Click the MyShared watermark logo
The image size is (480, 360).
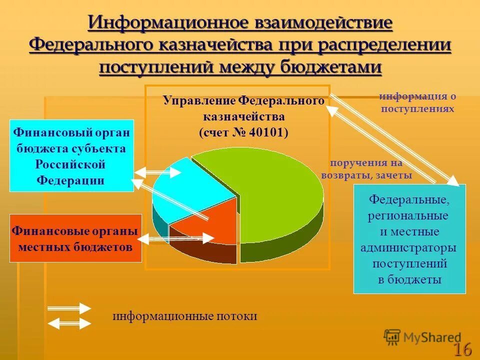422,337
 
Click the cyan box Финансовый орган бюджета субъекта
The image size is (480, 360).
71,155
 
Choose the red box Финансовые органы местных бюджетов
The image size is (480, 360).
75,238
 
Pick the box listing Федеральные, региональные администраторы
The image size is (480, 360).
409,239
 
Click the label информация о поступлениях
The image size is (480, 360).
417,102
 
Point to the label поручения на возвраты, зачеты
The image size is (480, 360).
366,169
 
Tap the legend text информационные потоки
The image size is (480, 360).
184,316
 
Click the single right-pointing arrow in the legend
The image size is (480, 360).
68,308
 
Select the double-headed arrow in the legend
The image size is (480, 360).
68,323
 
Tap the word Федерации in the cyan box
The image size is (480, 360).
70,180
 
